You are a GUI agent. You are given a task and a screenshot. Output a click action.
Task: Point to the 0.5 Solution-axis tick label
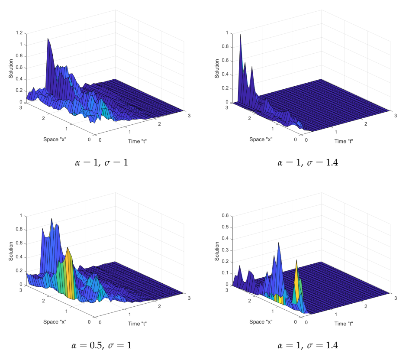point(225,227)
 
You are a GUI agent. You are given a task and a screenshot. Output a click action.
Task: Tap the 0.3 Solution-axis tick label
point(225,250)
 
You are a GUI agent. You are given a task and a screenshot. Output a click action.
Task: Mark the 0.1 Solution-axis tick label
point(225,273)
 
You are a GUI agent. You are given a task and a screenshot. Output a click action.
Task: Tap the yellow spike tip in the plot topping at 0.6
point(296,261)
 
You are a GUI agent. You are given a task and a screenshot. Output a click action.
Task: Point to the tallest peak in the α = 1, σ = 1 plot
point(48,39)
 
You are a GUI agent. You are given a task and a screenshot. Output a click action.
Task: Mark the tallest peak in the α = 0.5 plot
point(52,219)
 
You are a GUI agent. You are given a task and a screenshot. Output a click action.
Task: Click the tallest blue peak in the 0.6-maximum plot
point(279,243)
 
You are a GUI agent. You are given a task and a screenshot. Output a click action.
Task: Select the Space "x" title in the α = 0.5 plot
point(55,322)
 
